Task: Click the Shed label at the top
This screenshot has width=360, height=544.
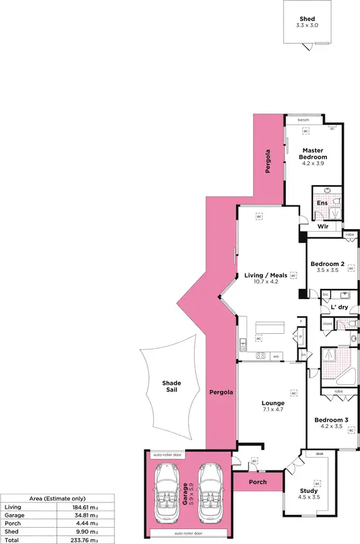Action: pos(308,19)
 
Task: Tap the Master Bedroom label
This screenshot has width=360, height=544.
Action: pos(313,154)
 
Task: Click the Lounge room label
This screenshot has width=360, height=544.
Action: pos(273,403)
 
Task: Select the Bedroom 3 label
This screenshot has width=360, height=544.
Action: pos(331,420)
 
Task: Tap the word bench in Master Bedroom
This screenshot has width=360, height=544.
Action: pos(303,120)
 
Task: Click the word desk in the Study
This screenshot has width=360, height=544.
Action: pos(319,454)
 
